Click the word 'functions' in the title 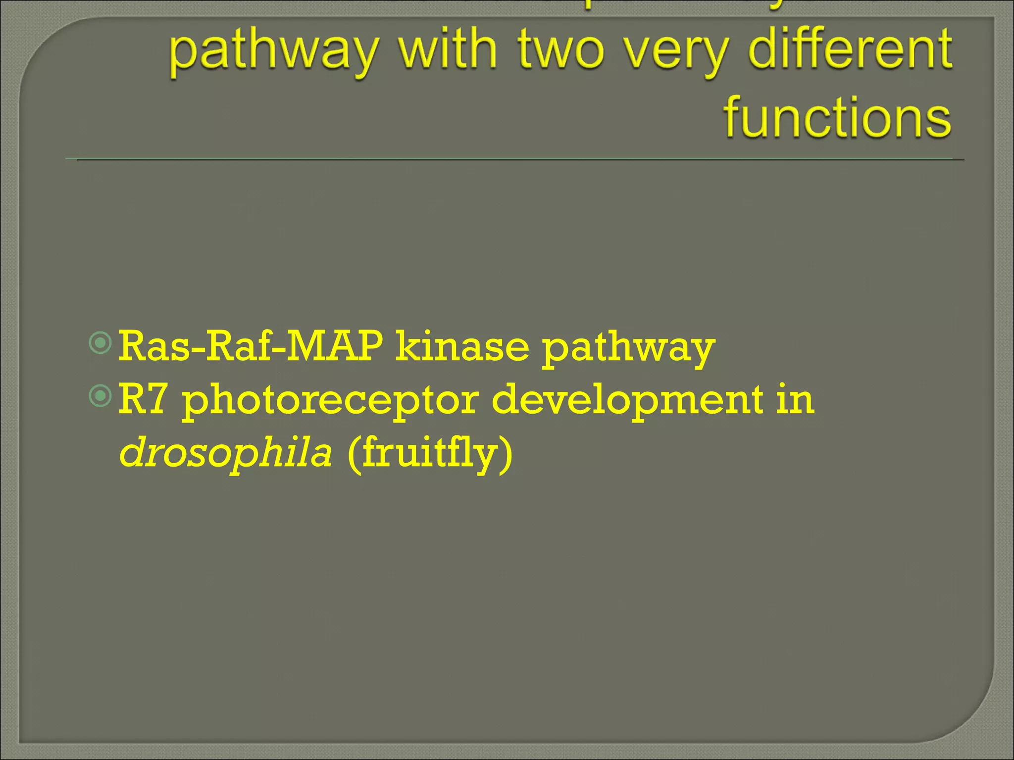[837, 117]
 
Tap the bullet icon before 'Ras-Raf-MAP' [101, 343]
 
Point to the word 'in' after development [795, 399]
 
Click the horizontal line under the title [515, 159]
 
